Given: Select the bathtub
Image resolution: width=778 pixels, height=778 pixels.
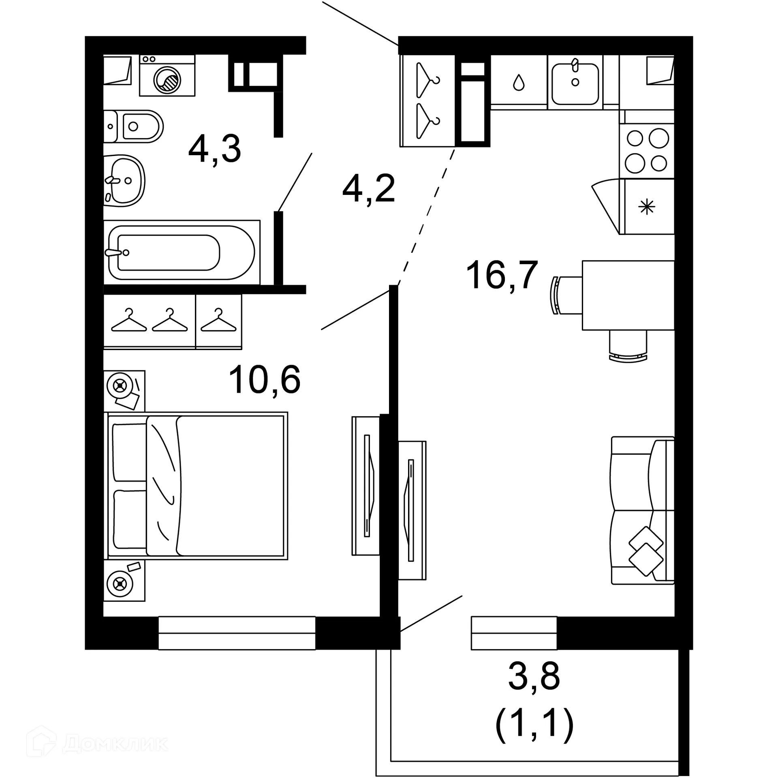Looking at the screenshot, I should click(x=181, y=252).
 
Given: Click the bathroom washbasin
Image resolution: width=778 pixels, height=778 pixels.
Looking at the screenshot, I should click(x=124, y=181).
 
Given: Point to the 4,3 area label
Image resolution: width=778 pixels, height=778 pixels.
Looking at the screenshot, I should click(x=215, y=149).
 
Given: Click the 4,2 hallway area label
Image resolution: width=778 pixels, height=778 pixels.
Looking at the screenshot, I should click(x=368, y=189).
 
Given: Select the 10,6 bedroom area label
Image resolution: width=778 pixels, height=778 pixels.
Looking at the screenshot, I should click(x=264, y=380).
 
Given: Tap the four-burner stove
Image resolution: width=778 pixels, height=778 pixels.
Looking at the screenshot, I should click(x=647, y=151).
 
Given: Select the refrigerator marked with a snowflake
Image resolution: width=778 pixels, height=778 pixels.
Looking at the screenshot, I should click(x=647, y=207).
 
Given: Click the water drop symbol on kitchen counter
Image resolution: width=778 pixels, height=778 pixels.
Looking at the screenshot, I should click(x=519, y=83).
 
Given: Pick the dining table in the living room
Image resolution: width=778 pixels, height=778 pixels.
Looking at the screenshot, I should click(x=628, y=295).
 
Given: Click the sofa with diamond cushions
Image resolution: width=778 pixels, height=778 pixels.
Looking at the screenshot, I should click(x=642, y=511).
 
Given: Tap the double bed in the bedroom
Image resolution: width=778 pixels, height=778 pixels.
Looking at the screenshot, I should click(x=197, y=486).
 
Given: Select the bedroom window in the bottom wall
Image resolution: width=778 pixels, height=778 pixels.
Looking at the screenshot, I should click(x=237, y=633).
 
